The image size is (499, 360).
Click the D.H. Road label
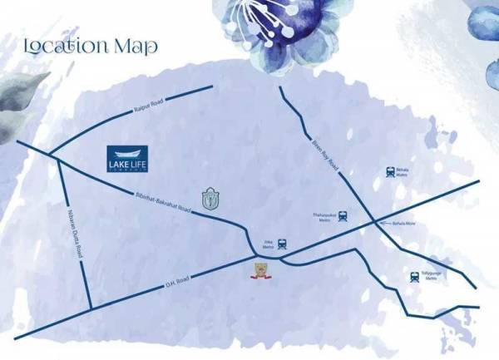pyautogui.click(x=178, y=279)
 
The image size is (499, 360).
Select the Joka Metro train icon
pyautogui.click(x=282, y=244)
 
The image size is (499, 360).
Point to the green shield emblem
pyautogui.click(x=211, y=200)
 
